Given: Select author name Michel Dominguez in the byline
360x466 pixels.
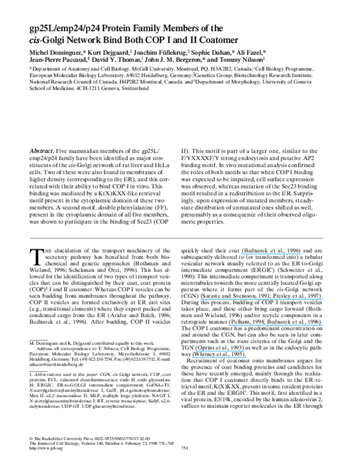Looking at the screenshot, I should (x=56, y=52).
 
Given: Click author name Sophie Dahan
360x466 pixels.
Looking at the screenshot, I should (x=224, y=52).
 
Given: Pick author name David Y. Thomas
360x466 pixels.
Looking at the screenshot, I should (x=113, y=61).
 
